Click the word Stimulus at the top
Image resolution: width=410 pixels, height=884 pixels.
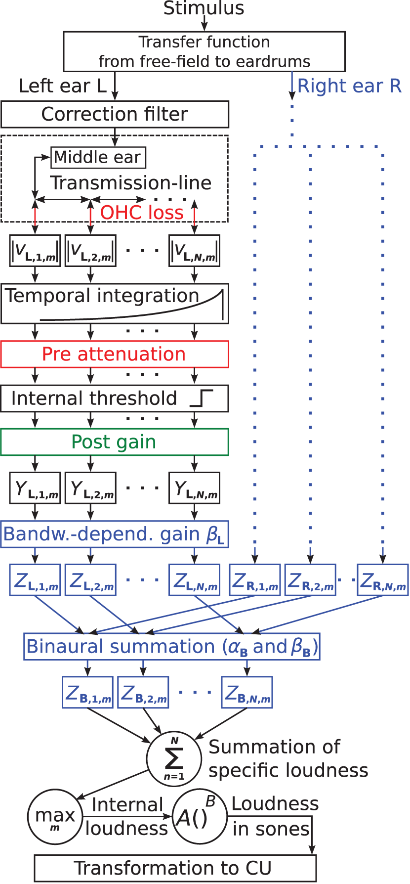click(x=204, y=8)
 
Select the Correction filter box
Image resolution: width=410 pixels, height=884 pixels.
click(x=115, y=114)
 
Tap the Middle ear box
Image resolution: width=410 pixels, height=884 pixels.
click(x=98, y=157)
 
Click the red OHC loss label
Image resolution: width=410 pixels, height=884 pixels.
click(x=142, y=213)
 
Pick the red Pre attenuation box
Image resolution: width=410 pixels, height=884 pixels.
click(x=115, y=354)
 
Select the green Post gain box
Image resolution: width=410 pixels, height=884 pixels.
click(x=115, y=442)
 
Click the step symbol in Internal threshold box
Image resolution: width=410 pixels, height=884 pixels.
click(x=202, y=398)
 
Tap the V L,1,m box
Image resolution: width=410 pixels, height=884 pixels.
click(x=35, y=251)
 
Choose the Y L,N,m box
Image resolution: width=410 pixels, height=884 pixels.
click(x=194, y=488)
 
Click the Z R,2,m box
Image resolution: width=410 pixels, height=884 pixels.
click(x=310, y=580)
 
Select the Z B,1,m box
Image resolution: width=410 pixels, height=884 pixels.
click(x=87, y=693)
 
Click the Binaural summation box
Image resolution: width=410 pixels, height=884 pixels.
click(x=171, y=647)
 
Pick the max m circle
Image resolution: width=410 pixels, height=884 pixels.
click(x=55, y=816)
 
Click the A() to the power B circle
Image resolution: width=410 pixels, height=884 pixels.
click(x=199, y=816)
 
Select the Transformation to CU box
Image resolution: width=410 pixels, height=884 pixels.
click(x=175, y=868)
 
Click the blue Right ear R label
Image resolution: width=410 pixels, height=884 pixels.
click(x=349, y=86)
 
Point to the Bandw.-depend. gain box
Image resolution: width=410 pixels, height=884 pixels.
click(x=115, y=534)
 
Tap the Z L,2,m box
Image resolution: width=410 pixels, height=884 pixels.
click(x=90, y=580)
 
